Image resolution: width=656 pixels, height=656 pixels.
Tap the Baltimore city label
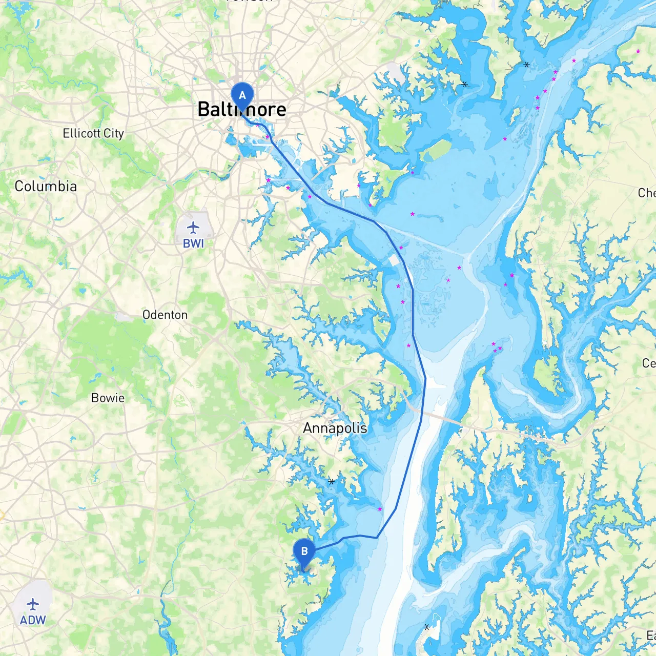pyautogui.click(x=242, y=109)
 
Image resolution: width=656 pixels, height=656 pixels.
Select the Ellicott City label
pyautogui.click(x=93, y=133)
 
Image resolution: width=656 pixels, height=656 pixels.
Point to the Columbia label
pyautogui.click(x=46, y=186)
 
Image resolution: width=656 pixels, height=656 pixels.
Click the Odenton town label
pyautogui.click(x=165, y=315)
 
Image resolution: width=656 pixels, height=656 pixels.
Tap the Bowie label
pyautogui.click(x=108, y=398)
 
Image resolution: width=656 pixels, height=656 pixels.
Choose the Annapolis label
pyautogui.click(x=335, y=428)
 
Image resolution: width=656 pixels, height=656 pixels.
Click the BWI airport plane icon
pyautogui.click(x=193, y=227)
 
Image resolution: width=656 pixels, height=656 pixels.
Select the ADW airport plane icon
pyautogui.click(x=33, y=604)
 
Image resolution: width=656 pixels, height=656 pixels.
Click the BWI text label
pyautogui.click(x=193, y=243)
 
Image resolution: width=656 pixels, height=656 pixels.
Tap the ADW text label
pyautogui.click(x=33, y=620)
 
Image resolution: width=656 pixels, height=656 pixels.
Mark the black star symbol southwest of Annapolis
pyautogui.click(x=332, y=482)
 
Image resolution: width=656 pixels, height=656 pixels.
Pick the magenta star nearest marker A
pyautogui.click(x=267, y=137)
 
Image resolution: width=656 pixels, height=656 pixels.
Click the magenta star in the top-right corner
pyautogui.click(x=638, y=51)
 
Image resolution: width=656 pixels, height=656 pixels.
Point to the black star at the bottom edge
pyautogui.click(x=427, y=627)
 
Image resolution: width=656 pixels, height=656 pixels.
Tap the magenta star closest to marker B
pyautogui.click(x=380, y=509)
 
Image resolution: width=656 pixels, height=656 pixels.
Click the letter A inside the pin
pyautogui.click(x=242, y=95)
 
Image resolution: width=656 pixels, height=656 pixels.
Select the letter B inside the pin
pyautogui.click(x=304, y=551)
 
